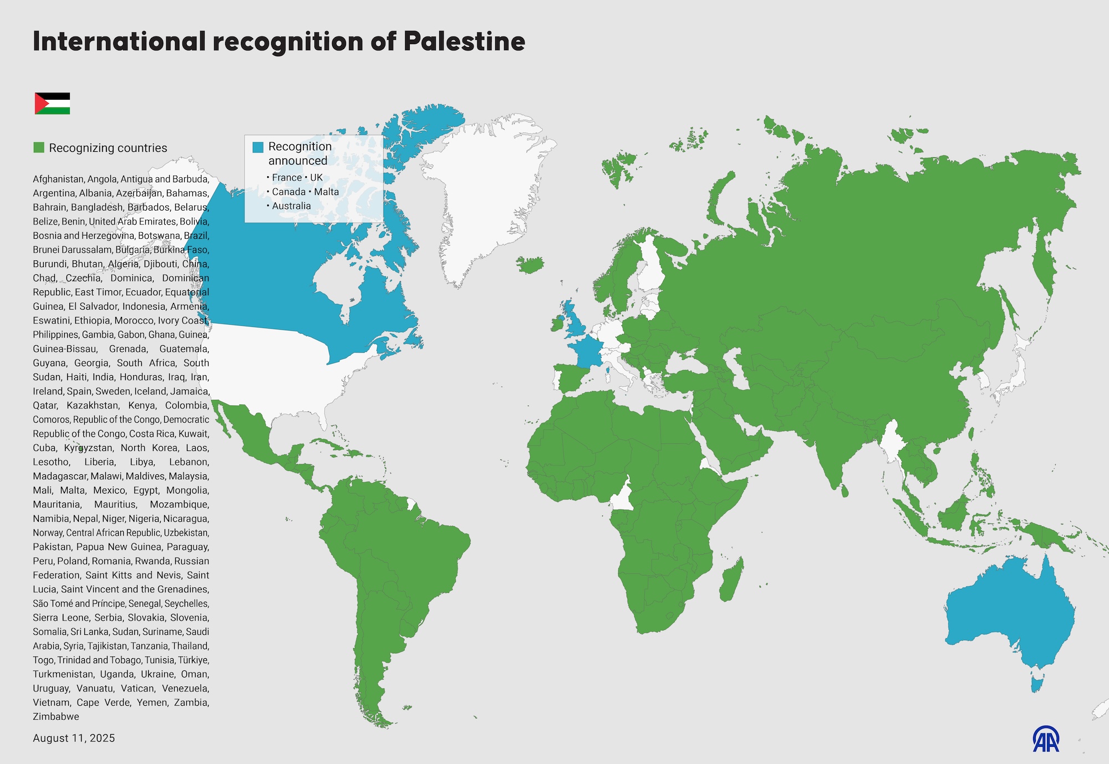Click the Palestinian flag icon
point(52,104)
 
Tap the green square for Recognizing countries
point(39,147)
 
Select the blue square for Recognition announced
point(258,147)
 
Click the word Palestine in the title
point(464,42)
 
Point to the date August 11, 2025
point(74,738)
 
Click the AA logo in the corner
point(1046,739)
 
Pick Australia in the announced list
point(291,206)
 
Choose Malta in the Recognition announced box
point(326,192)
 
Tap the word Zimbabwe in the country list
point(56,716)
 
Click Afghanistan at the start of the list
point(58,179)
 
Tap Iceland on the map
point(530,264)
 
